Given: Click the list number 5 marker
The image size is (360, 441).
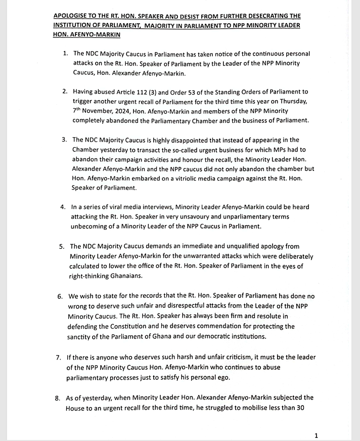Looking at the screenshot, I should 61,247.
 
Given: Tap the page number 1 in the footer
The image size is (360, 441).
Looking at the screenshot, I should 317,435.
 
